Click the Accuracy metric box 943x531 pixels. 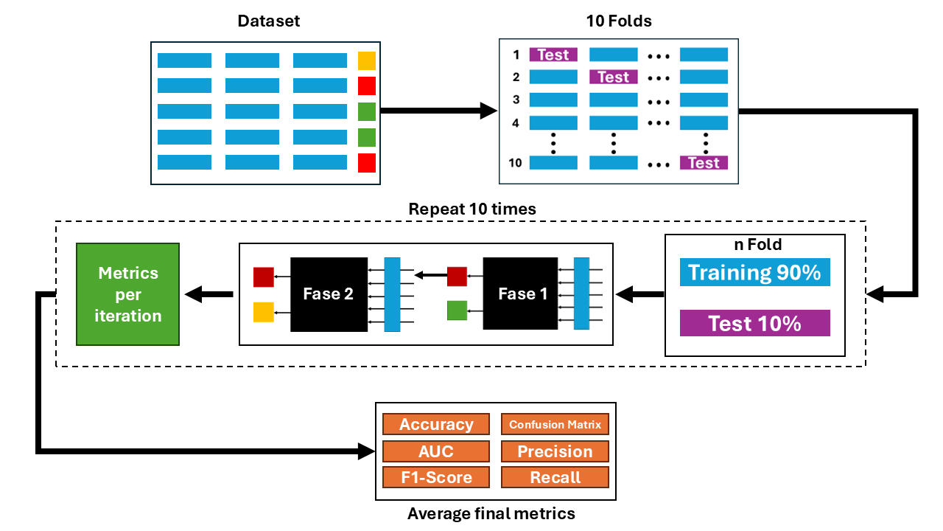click(x=436, y=424)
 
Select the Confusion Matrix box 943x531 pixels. click(x=555, y=424)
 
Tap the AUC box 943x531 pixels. click(x=436, y=451)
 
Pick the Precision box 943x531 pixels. click(x=555, y=451)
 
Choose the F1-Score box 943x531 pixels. click(x=436, y=477)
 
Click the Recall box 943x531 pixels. click(x=555, y=477)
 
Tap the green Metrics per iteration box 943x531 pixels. click(x=128, y=294)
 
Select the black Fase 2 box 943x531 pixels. click(x=329, y=294)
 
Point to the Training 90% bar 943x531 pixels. click(x=754, y=272)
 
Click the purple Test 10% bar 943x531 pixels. click(x=754, y=323)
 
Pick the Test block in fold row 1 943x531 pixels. click(x=553, y=55)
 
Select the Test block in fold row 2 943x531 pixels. click(x=613, y=77)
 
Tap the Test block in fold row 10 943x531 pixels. click(x=704, y=162)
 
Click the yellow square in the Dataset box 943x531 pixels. click(x=366, y=60)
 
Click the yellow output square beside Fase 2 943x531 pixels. click(x=264, y=312)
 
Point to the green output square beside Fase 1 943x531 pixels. click(x=457, y=310)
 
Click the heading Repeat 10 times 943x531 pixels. click(x=472, y=209)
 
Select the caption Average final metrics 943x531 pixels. click(x=491, y=513)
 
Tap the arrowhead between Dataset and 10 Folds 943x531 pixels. click(x=489, y=111)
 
